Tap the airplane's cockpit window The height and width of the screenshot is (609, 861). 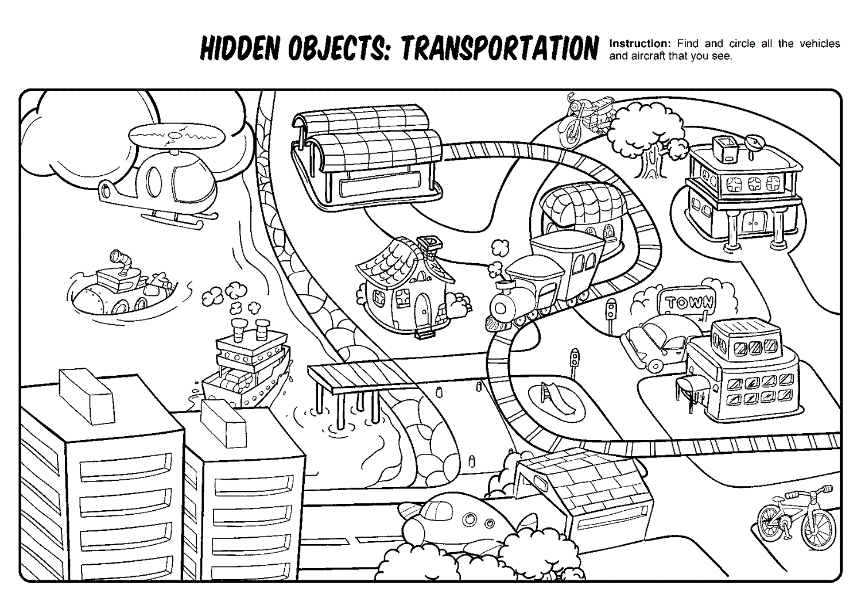(x=439, y=509)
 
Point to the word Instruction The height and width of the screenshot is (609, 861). (x=639, y=44)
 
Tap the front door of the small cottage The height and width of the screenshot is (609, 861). (x=423, y=310)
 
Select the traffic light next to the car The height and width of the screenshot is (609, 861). (x=611, y=310)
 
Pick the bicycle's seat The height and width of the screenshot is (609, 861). (x=792, y=495)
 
